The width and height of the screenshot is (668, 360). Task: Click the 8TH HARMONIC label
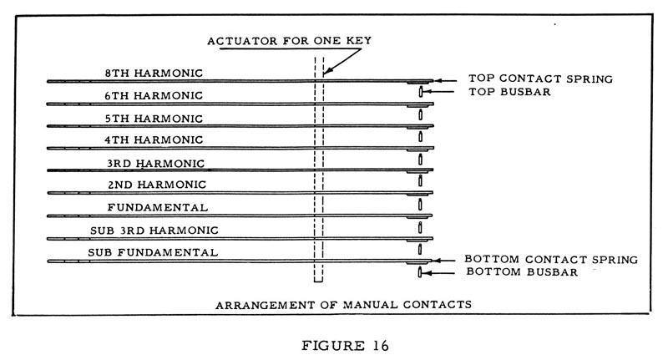154,73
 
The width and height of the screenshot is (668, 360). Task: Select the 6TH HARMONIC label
154,95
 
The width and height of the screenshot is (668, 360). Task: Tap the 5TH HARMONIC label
154,119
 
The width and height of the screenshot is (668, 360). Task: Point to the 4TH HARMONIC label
154,139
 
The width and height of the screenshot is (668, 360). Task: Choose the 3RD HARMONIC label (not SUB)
155,163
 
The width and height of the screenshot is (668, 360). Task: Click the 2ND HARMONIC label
157,185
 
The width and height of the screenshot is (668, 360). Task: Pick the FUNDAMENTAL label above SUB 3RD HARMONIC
158,207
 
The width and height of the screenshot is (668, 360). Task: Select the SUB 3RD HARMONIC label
154,231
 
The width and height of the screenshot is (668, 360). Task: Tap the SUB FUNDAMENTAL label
153,252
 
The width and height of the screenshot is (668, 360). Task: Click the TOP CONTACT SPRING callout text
540,79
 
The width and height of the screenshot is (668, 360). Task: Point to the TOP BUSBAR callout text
509,92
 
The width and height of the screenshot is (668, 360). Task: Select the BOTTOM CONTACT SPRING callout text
551,260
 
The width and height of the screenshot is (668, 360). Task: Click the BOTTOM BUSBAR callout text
522,271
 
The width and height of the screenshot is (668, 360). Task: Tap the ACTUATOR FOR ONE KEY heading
289,41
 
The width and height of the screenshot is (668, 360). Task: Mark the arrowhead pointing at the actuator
326,73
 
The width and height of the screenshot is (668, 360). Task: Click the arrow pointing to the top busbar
439,91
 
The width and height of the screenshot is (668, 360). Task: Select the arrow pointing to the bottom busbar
438,272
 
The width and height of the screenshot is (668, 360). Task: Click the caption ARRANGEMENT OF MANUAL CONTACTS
343,305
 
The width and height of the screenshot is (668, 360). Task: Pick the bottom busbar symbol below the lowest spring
420,272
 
